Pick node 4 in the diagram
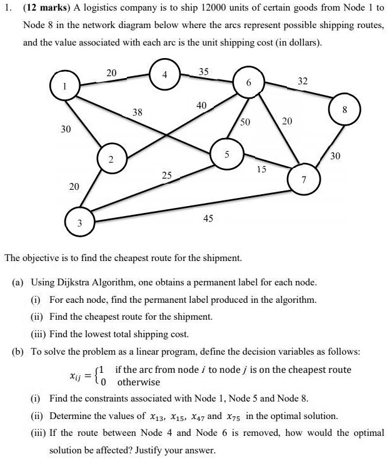pyautogui.click(x=164, y=76)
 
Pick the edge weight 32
pyautogui.click(x=303, y=81)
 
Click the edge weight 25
pyautogui.click(x=166, y=175)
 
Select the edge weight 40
pyautogui.click(x=201, y=106)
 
